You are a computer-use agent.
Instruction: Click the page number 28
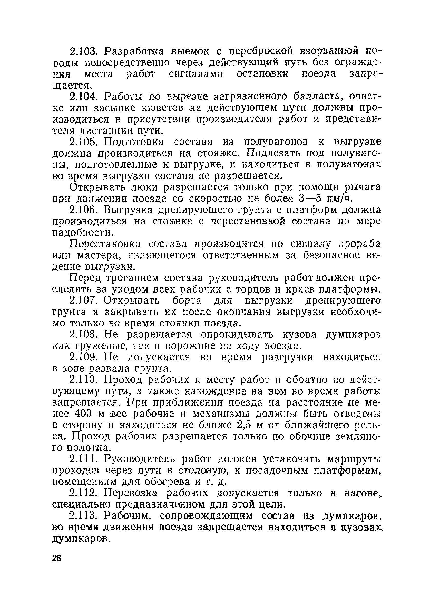point(57,558)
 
